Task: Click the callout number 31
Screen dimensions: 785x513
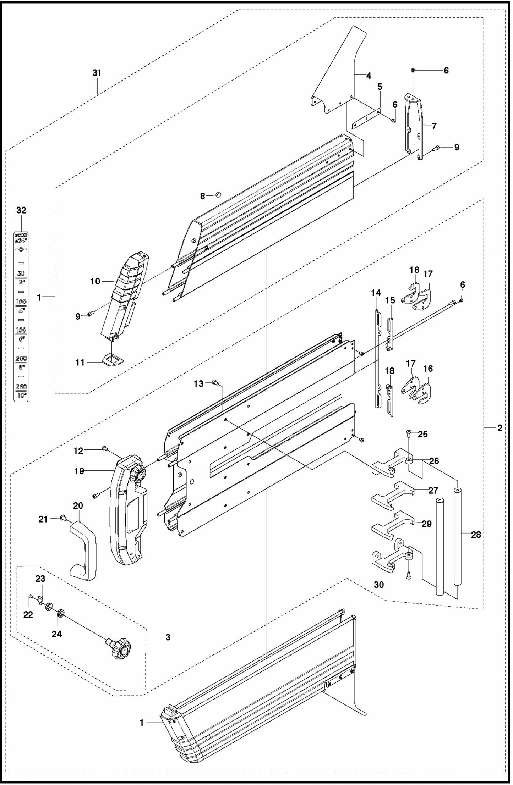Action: (97, 73)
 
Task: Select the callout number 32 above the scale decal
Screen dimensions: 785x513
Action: (21, 210)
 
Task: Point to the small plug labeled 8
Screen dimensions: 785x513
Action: (218, 194)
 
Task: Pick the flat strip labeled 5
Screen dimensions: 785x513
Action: (366, 119)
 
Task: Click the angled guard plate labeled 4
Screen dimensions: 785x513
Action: (337, 74)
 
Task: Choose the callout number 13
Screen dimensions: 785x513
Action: (198, 383)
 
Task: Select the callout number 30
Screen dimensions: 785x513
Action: (379, 585)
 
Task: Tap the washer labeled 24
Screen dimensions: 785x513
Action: (61, 613)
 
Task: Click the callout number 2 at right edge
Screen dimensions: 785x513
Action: (500, 428)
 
